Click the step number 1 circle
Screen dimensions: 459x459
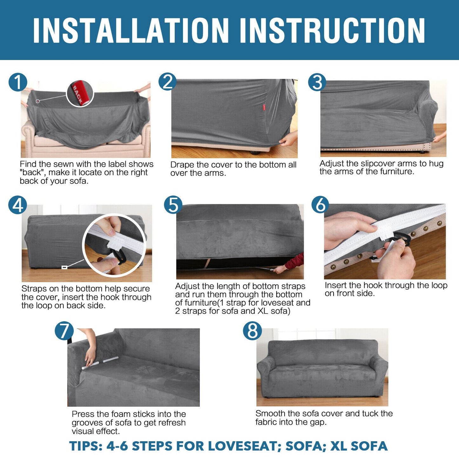point(18,82)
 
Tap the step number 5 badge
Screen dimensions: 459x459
point(173,205)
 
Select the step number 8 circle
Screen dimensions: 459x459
point(252,331)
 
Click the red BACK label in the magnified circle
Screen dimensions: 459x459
point(78,94)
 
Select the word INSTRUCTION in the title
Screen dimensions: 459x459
point(333,31)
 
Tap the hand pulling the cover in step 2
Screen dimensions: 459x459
point(288,139)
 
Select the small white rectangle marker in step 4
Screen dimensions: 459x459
point(64,267)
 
